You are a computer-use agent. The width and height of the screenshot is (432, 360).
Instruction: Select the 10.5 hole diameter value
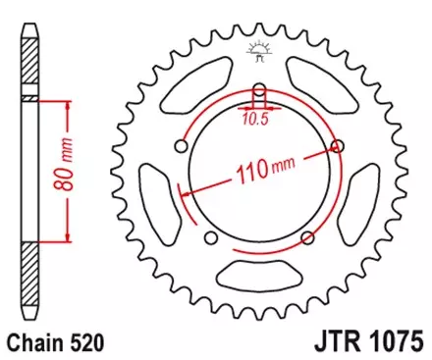tap(255, 120)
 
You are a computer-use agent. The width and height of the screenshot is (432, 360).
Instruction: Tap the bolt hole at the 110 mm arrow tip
tap(339, 147)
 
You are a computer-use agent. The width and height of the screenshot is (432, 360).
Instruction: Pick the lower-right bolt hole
tap(308, 236)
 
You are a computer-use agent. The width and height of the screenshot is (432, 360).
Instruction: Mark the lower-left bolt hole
tap(209, 237)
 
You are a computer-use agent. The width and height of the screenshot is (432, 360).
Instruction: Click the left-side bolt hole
tap(179, 147)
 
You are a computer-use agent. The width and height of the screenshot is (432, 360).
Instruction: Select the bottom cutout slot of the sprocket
tap(259, 278)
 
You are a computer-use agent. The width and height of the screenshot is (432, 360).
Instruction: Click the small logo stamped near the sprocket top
tap(260, 50)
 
